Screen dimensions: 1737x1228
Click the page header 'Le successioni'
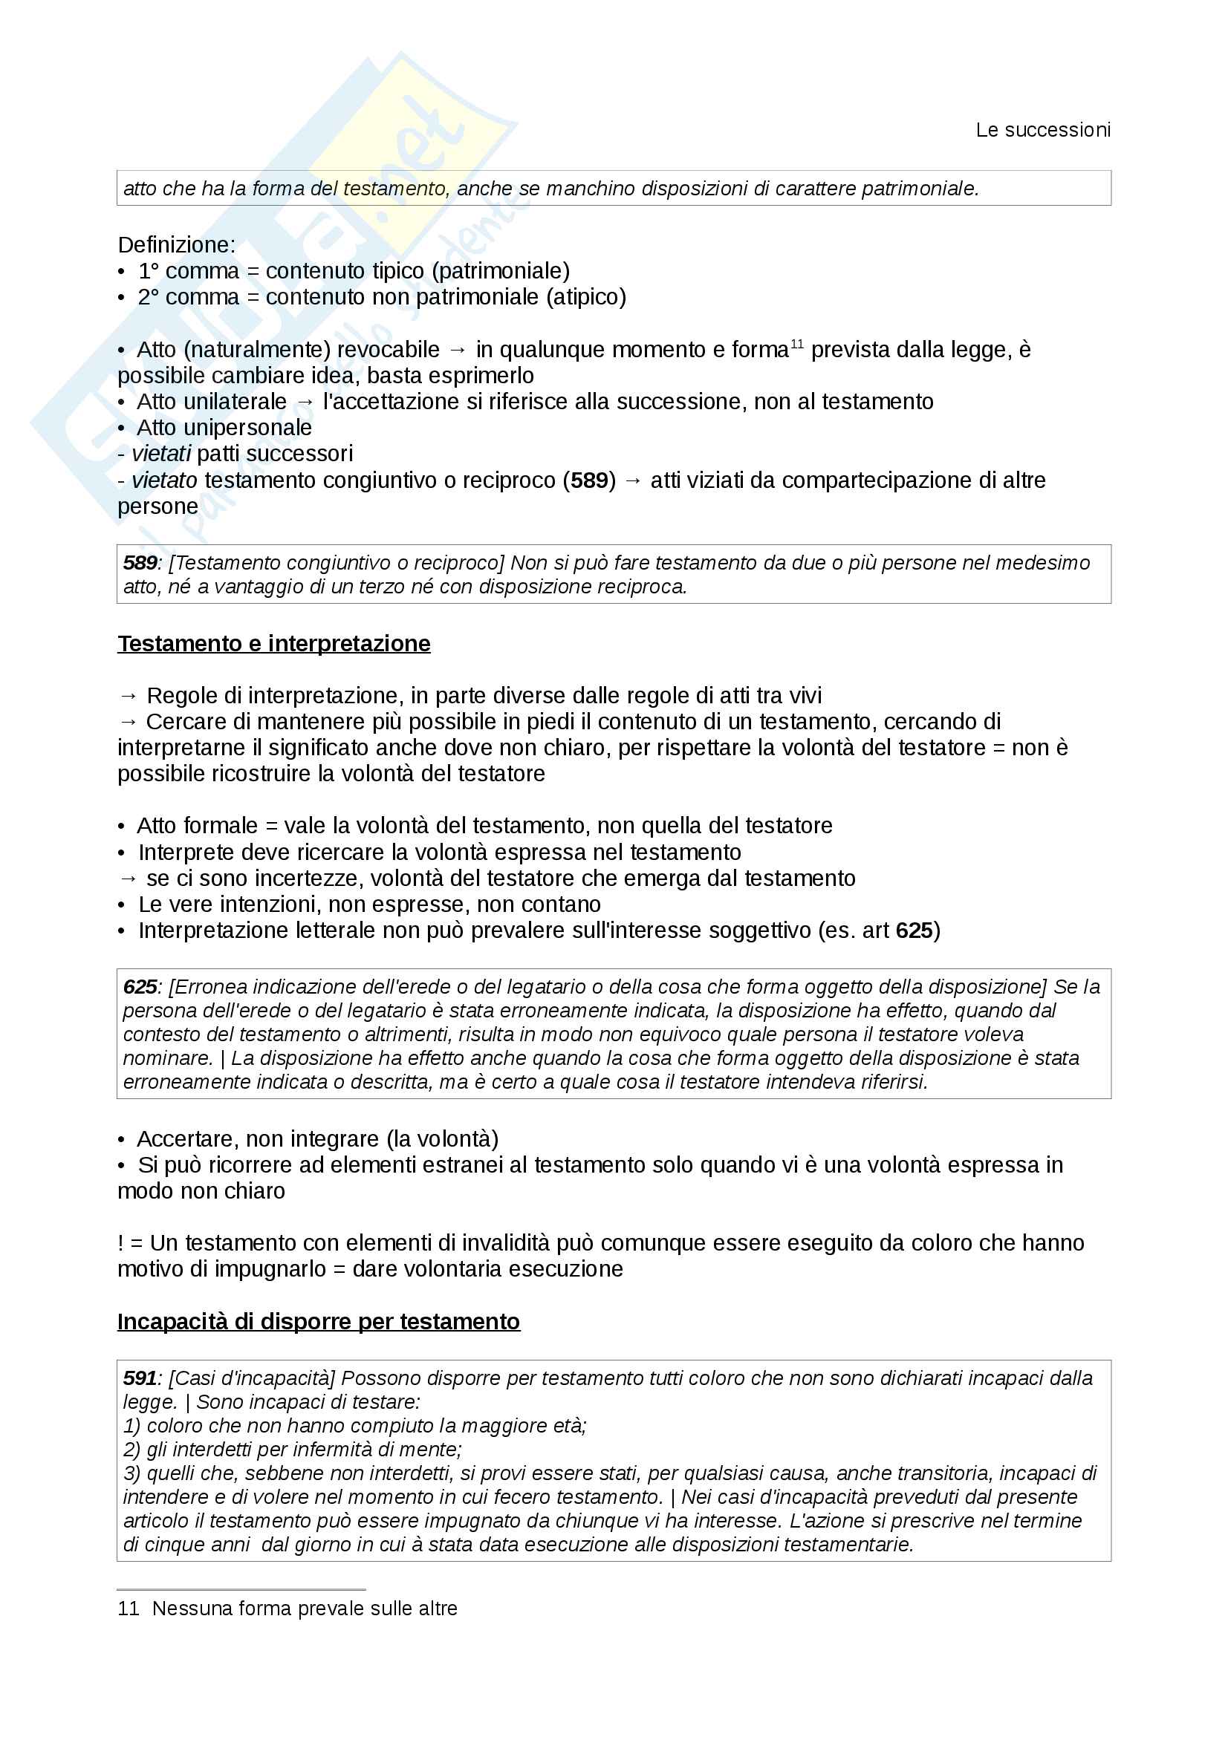1042,130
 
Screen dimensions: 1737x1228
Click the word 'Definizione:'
176,245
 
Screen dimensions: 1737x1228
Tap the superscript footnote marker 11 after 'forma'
796,345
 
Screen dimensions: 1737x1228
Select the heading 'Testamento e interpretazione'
274,643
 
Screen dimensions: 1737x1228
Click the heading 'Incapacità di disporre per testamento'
319,1321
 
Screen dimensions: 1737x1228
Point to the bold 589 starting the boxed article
140,563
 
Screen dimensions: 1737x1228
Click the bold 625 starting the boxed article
140,987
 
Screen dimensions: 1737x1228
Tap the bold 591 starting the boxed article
140,1378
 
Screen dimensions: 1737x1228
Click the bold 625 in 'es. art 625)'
914,931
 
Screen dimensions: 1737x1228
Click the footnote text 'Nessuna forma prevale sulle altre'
304,1609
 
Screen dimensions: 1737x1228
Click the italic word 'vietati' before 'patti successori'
161,454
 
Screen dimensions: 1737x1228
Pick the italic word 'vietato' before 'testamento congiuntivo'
164,480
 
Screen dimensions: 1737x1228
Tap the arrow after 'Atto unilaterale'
305,402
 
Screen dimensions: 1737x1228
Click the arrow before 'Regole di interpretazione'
129,696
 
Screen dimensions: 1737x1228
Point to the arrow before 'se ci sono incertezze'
129,879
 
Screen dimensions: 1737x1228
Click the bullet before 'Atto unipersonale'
121,428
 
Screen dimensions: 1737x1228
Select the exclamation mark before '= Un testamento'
120,1243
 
